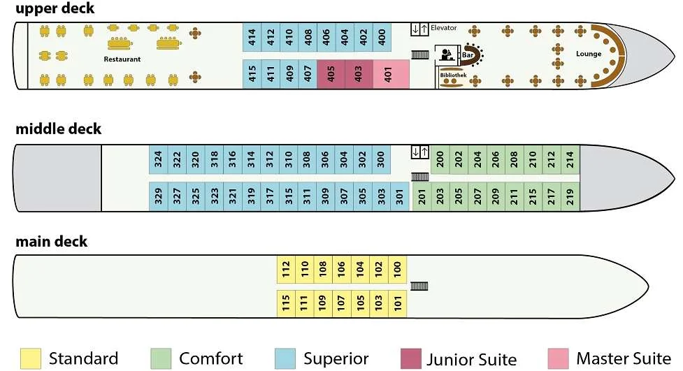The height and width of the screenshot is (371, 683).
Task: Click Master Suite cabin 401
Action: click(x=391, y=75)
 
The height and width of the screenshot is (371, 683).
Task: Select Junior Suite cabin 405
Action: click(x=331, y=75)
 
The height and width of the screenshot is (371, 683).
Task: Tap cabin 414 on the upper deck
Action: click(x=252, y=38)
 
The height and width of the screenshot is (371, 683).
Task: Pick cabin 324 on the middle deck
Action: click(x=158, y=159)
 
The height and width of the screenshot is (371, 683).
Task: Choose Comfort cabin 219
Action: click(x=570, y=196)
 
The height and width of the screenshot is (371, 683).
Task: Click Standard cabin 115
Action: click(x=286, y=303)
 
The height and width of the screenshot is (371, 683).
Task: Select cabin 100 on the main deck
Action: click(x=397, y=269)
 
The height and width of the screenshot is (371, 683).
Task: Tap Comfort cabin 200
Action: click(x=440, y=159)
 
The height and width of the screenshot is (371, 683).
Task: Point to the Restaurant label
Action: click(x=122, y=59)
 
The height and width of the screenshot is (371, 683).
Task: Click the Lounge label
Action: click(x=589, y=54)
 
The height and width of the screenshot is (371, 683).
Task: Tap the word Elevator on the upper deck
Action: click(x=443, y=27)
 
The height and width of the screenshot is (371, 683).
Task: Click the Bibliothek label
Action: click(x=453, y=75)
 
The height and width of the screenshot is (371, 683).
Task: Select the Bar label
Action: click(x=468, y=55)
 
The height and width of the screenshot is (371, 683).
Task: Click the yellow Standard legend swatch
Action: click(x=31, y=358)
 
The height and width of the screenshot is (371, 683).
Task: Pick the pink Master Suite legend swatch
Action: click(x=558, y=358)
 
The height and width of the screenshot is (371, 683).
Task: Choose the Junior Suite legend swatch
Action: click(x=411, y=358)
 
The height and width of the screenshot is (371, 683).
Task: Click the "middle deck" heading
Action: click(x=58, y=129)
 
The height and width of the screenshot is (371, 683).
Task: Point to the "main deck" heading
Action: click(x=52, y=241)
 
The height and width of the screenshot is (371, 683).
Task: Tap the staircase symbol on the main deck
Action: click(x=419, y=286)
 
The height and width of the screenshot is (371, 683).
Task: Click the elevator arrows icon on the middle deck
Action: click(x=420, y=152)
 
